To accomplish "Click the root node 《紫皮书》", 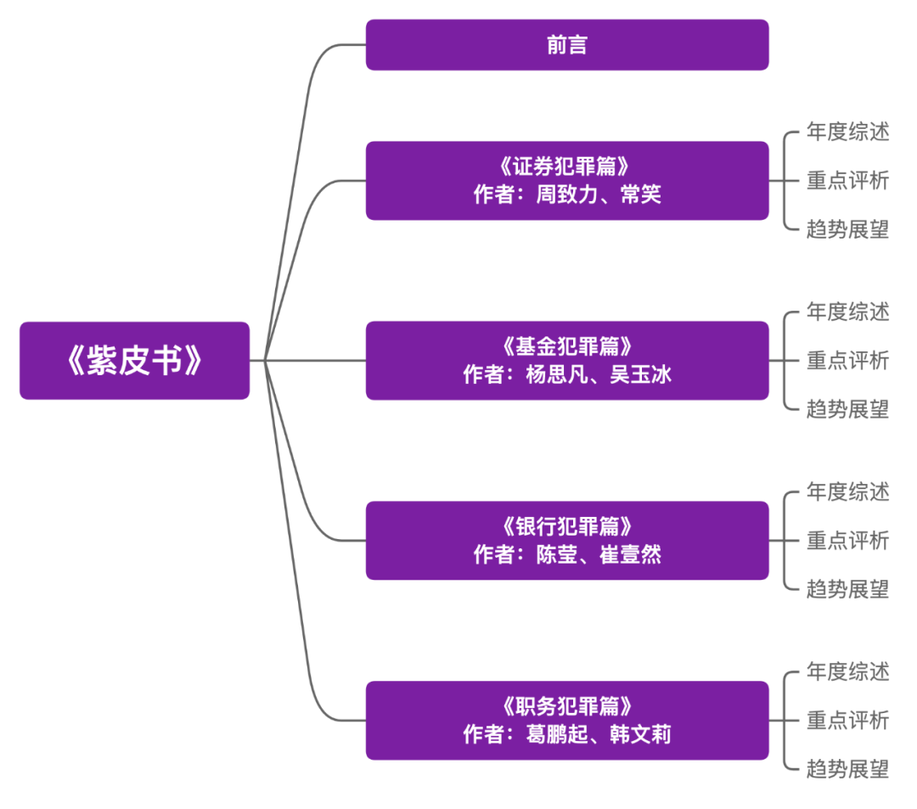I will [x=134, y=361].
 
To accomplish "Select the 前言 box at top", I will [x=566, y=45].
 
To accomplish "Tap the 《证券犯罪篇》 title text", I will [x=566, y=166].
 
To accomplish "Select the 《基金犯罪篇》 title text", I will [x=566, y=346].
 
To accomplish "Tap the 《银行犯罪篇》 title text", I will [x=566, y=526].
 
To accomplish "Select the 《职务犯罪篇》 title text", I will [x=566, y=706].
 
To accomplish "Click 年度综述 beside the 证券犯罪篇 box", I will [x=847, y=132].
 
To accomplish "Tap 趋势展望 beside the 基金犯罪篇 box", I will [x=847, y=409].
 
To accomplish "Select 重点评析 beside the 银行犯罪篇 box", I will [x=847, y=541].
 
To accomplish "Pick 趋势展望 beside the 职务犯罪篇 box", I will [x=847, y=769].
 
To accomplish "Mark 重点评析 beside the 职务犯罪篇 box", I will [x=847, y=721].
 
